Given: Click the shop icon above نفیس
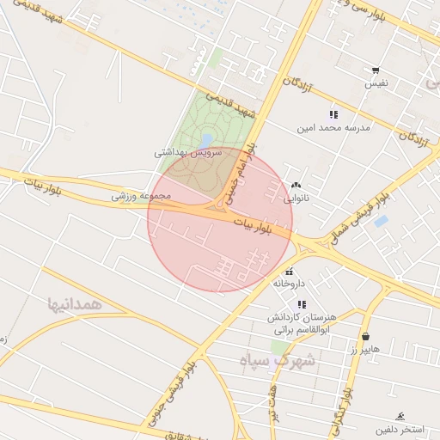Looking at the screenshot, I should tap(375, 70).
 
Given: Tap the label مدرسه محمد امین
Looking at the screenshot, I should tap(333, 127).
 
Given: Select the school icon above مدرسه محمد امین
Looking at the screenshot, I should tap(333, 114).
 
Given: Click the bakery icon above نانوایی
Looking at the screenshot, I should tap(296, 184).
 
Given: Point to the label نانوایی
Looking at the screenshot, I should tap(296, 198).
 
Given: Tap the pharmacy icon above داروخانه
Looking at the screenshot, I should tap(289, 270).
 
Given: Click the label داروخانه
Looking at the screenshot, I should tap(289, 283).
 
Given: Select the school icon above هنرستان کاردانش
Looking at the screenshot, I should tap(301, 304).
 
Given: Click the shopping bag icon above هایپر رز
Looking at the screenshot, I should tap(367, 337).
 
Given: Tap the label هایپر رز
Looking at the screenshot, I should tap(364, 350).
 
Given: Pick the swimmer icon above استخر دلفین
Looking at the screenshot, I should tap(400, 414).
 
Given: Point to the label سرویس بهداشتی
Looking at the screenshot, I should tap(187, 152).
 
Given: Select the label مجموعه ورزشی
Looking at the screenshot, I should tap(141, 196).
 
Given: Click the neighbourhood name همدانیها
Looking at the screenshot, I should tap(76, 303).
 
